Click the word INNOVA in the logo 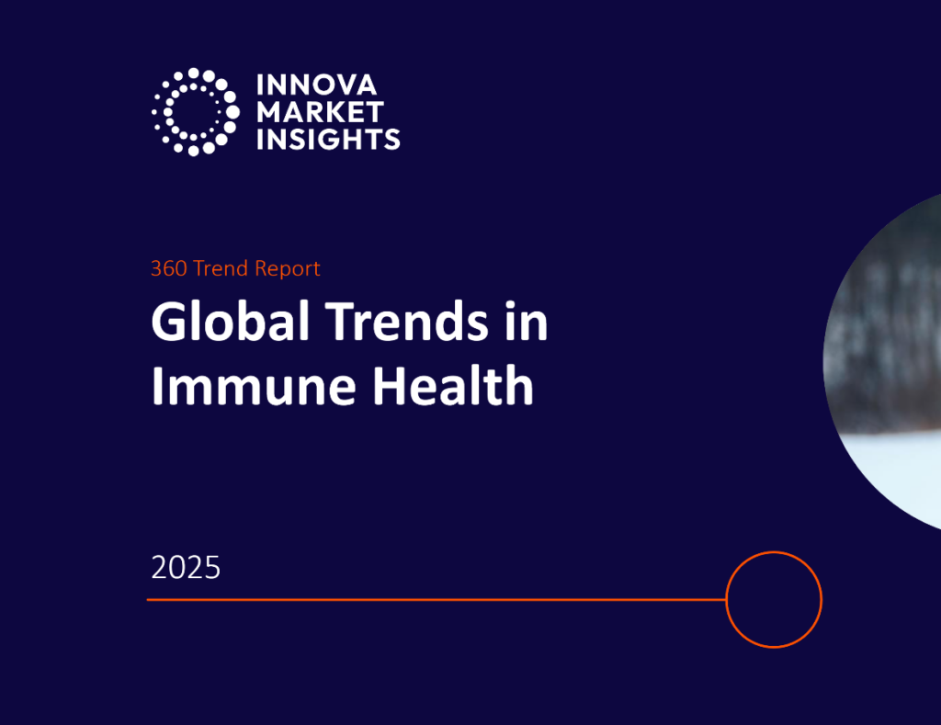click(315, 85)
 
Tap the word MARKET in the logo click(320, 112)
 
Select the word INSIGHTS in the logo click(328, 140)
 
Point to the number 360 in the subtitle click(169, 269)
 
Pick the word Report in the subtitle click(287, 269)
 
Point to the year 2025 click(186, 568)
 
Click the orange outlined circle click(773, 600)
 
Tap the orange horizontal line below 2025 click(432, 600)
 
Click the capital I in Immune click(157, 386)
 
